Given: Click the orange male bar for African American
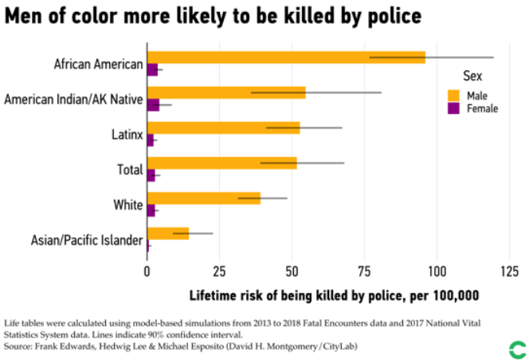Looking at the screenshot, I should point(285,57).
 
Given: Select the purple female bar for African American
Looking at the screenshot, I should point(152,70).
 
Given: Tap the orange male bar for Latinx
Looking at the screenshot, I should point(223,127).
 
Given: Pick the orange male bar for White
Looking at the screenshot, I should point(203,198).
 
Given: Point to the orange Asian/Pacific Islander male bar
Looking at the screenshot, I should point(167,233).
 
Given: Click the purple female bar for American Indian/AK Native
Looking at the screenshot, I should point(153,105).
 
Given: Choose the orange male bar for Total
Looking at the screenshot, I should point(221,162).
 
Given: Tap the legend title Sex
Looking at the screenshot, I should point(473,76).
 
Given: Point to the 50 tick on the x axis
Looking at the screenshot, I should point(292,271).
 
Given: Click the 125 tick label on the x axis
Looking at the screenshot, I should point(508,271).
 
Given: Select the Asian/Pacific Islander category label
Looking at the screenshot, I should point(87,240).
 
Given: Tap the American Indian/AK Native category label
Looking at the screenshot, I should point(73,100).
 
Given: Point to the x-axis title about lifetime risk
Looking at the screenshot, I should point(334,295).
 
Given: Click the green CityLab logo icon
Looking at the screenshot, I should point(517,348).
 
